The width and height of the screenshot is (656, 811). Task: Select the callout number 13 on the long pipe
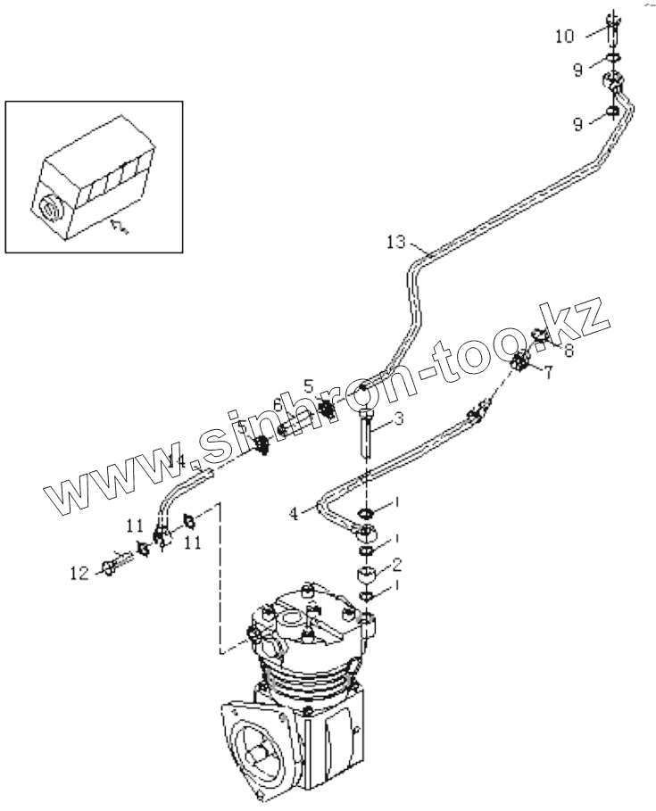pyautogui.click(x=396, y=242)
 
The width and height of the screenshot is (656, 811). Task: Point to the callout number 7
pyautogui.click(x=548, y=373)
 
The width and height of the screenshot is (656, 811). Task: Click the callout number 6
pyautogui.click(x=278, y=406)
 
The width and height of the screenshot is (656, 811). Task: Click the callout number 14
pyautogui.click(x=177, y=461)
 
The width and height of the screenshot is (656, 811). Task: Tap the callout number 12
pyautogui.click(x=80, y=574)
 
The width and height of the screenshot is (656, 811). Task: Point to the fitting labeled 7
pyautogui.click(x=522, y=362)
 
